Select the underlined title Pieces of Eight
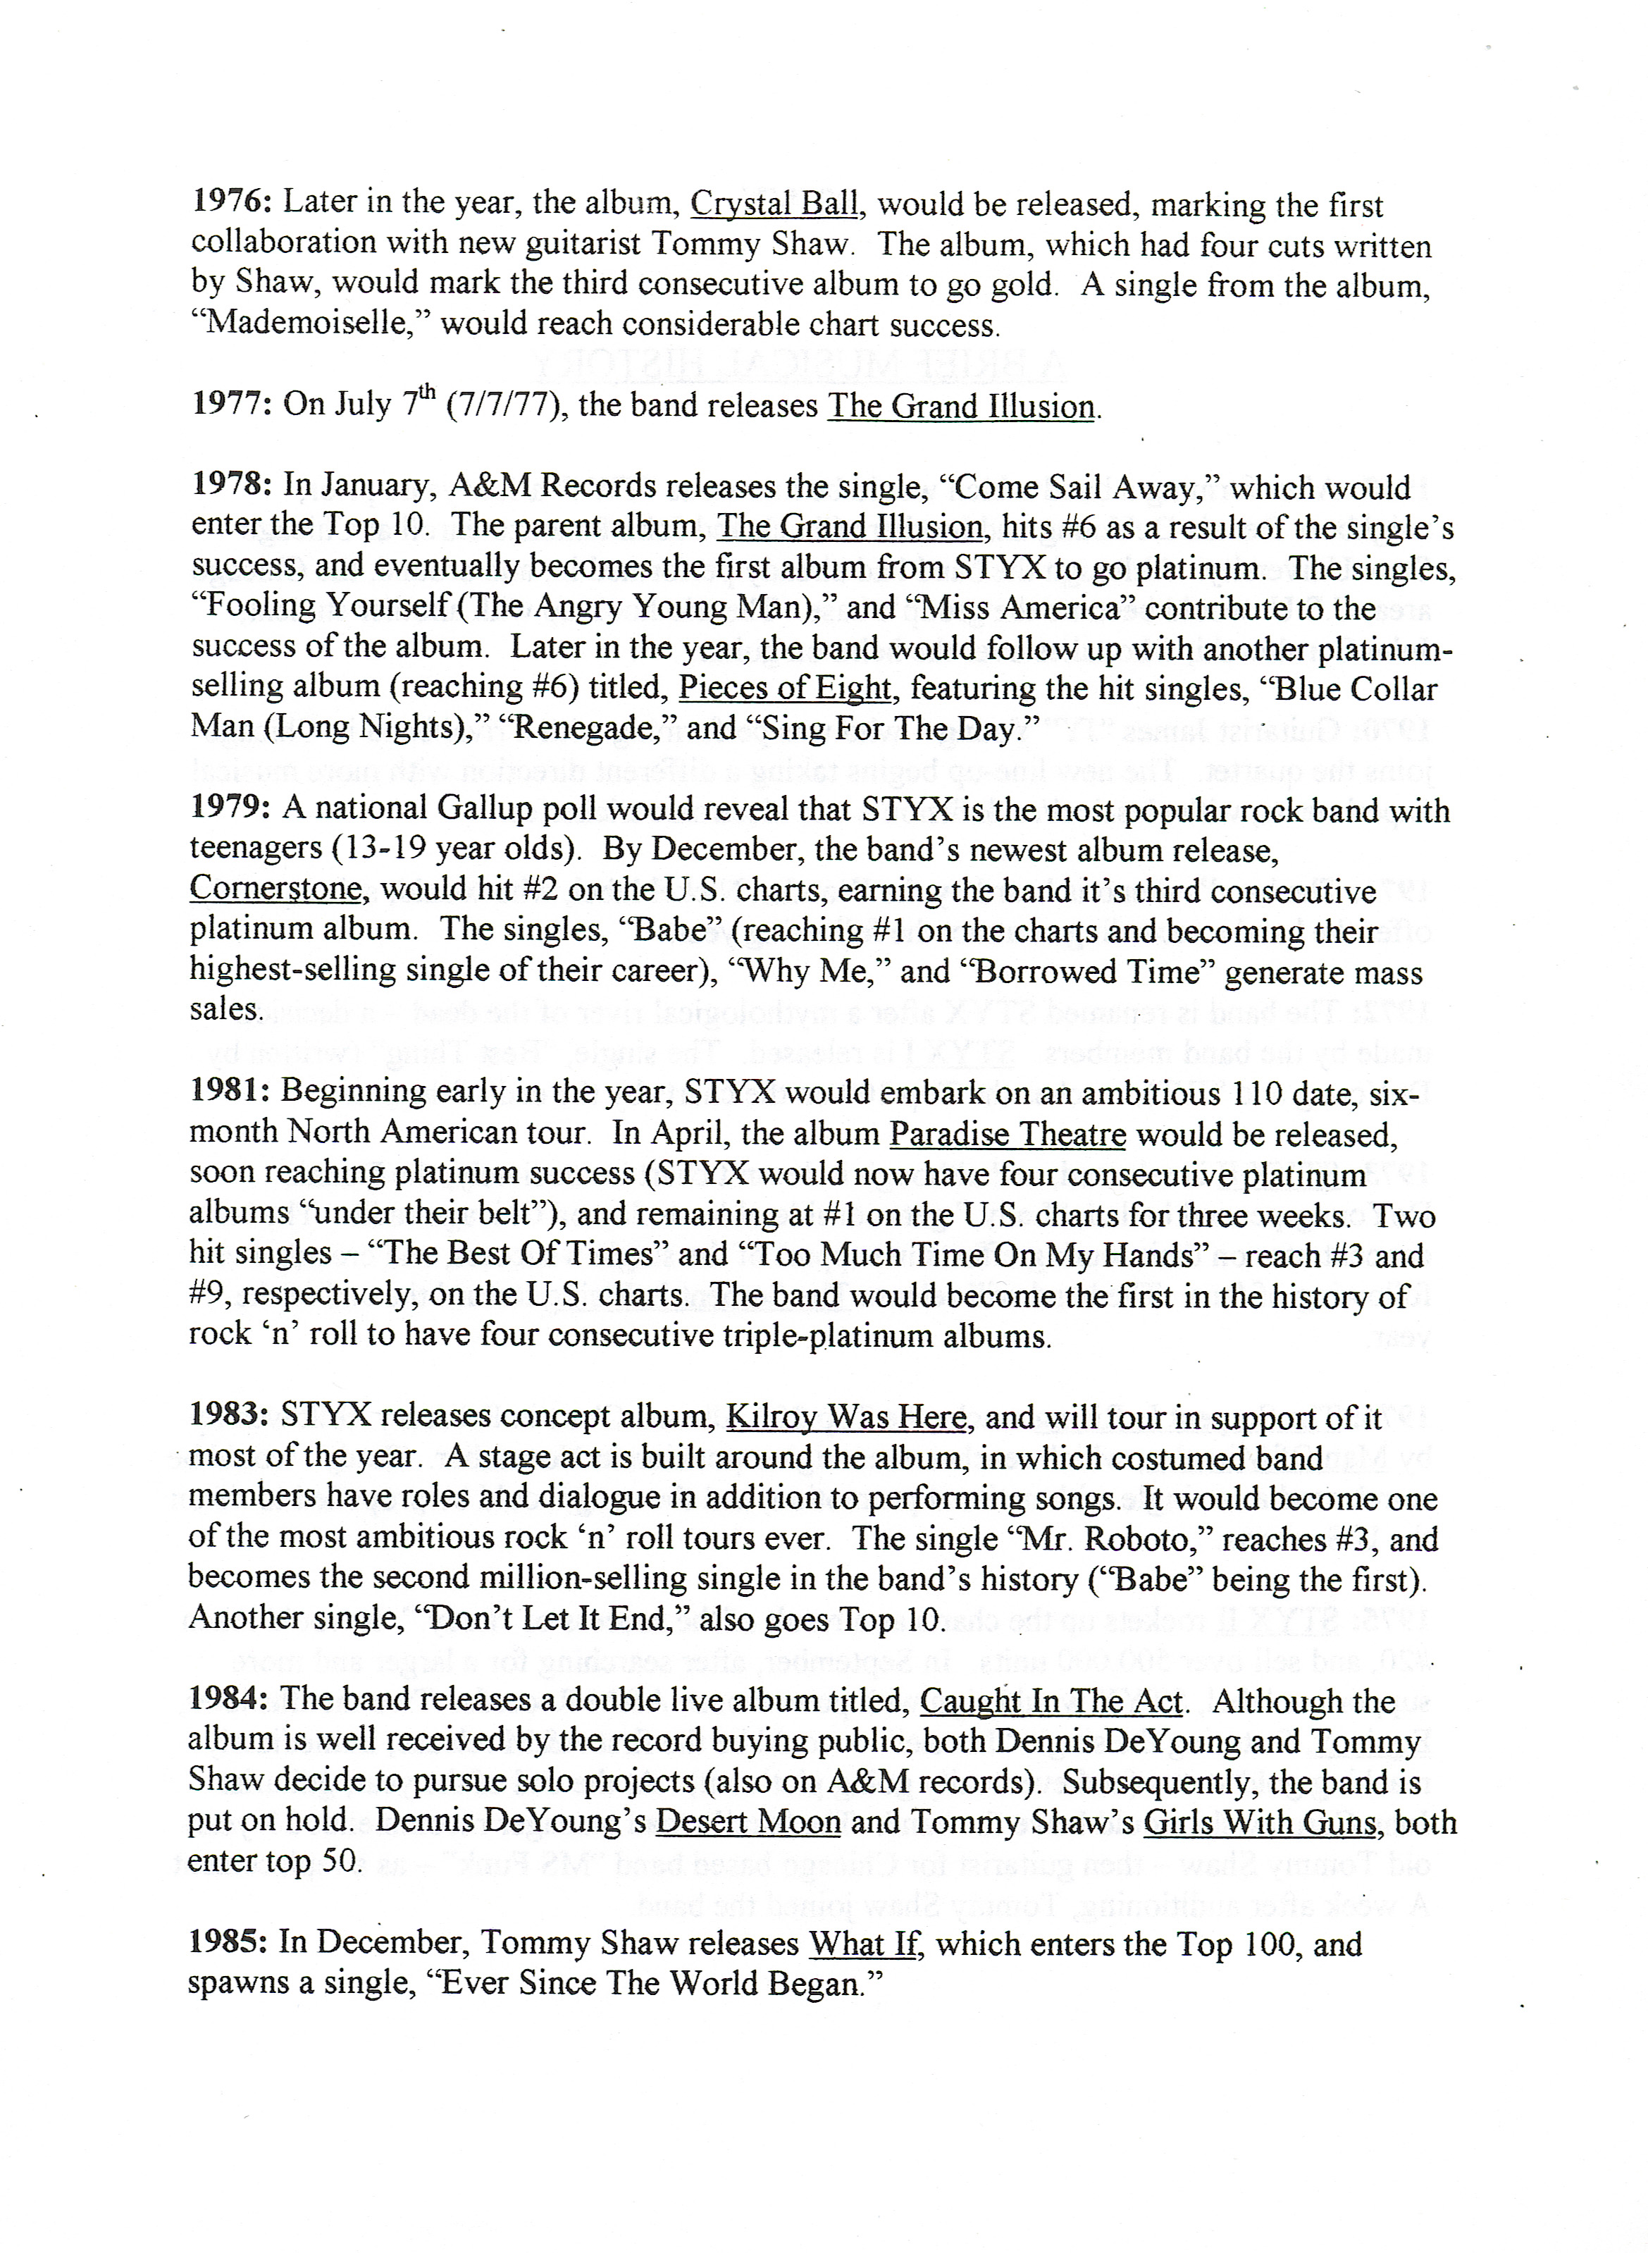click(785, 689)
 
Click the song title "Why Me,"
click(859, 971)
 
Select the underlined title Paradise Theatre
click(1008, 1135)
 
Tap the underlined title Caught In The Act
click(1051, 1701)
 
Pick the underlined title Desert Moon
click(748, 1822)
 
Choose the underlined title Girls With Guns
click(1259, 1822)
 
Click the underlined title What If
click(864, 1944)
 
